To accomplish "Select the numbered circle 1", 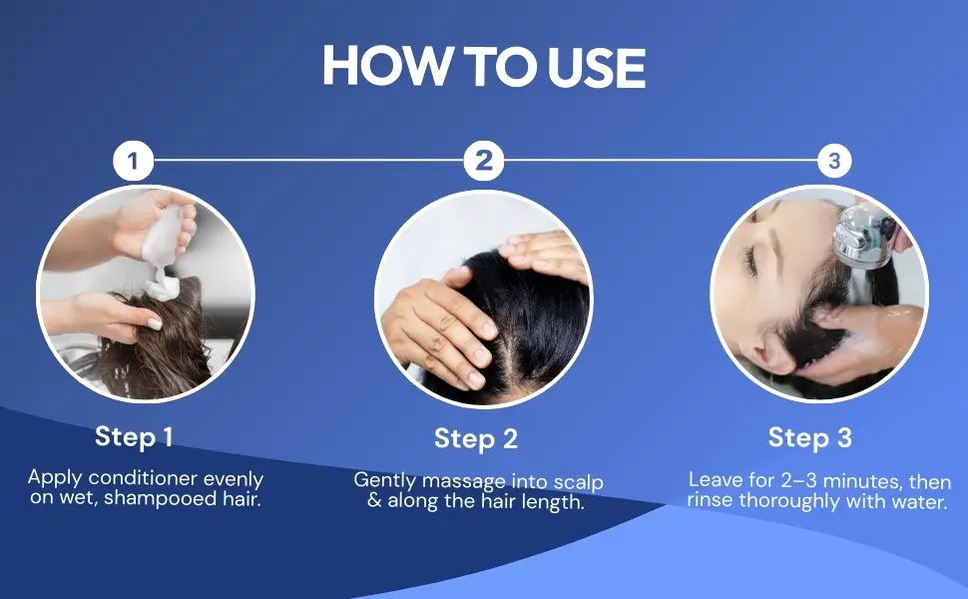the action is tap(133, 161).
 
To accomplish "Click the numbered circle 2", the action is tap(483, 161).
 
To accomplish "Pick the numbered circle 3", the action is tap(834, 161).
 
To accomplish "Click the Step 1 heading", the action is tap(134, 436).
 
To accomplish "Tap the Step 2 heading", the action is tap(476, 438).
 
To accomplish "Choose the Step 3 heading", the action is tap(810, 438).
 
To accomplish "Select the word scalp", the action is tap(579, 482).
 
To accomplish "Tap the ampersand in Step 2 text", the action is tap(374, 500).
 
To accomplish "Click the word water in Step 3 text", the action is tap(918, 501).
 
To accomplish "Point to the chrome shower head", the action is tap(863, 235).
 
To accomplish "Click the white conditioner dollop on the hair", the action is tap(162, 288).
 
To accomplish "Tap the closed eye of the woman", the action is tap(750, 261).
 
